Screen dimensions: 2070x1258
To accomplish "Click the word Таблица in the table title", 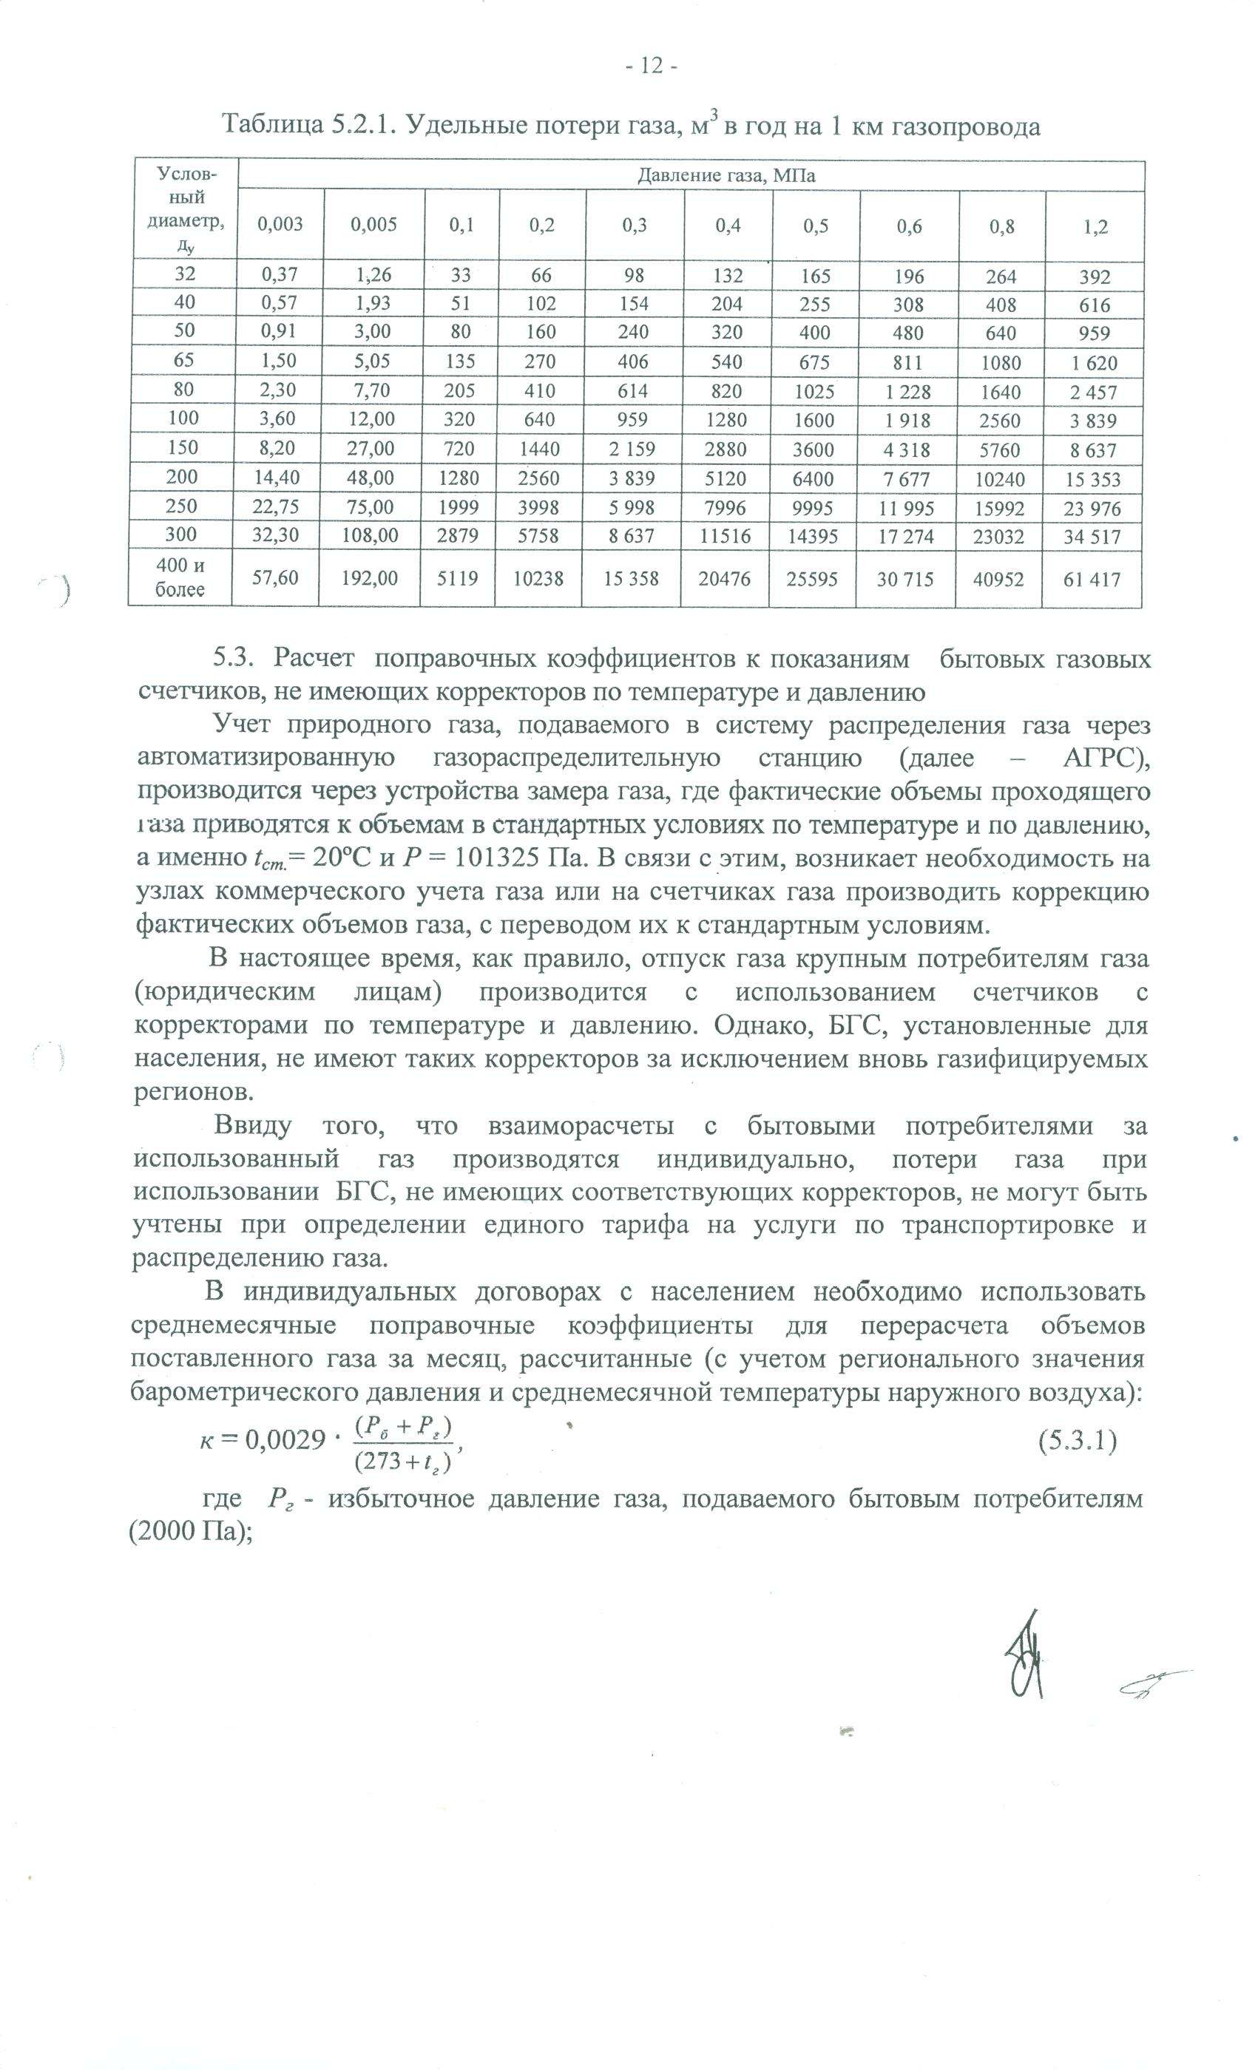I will coord(271,126).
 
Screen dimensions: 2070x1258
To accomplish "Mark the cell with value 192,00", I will coord(370,578).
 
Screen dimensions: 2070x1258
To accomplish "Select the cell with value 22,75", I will coord(276,506).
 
